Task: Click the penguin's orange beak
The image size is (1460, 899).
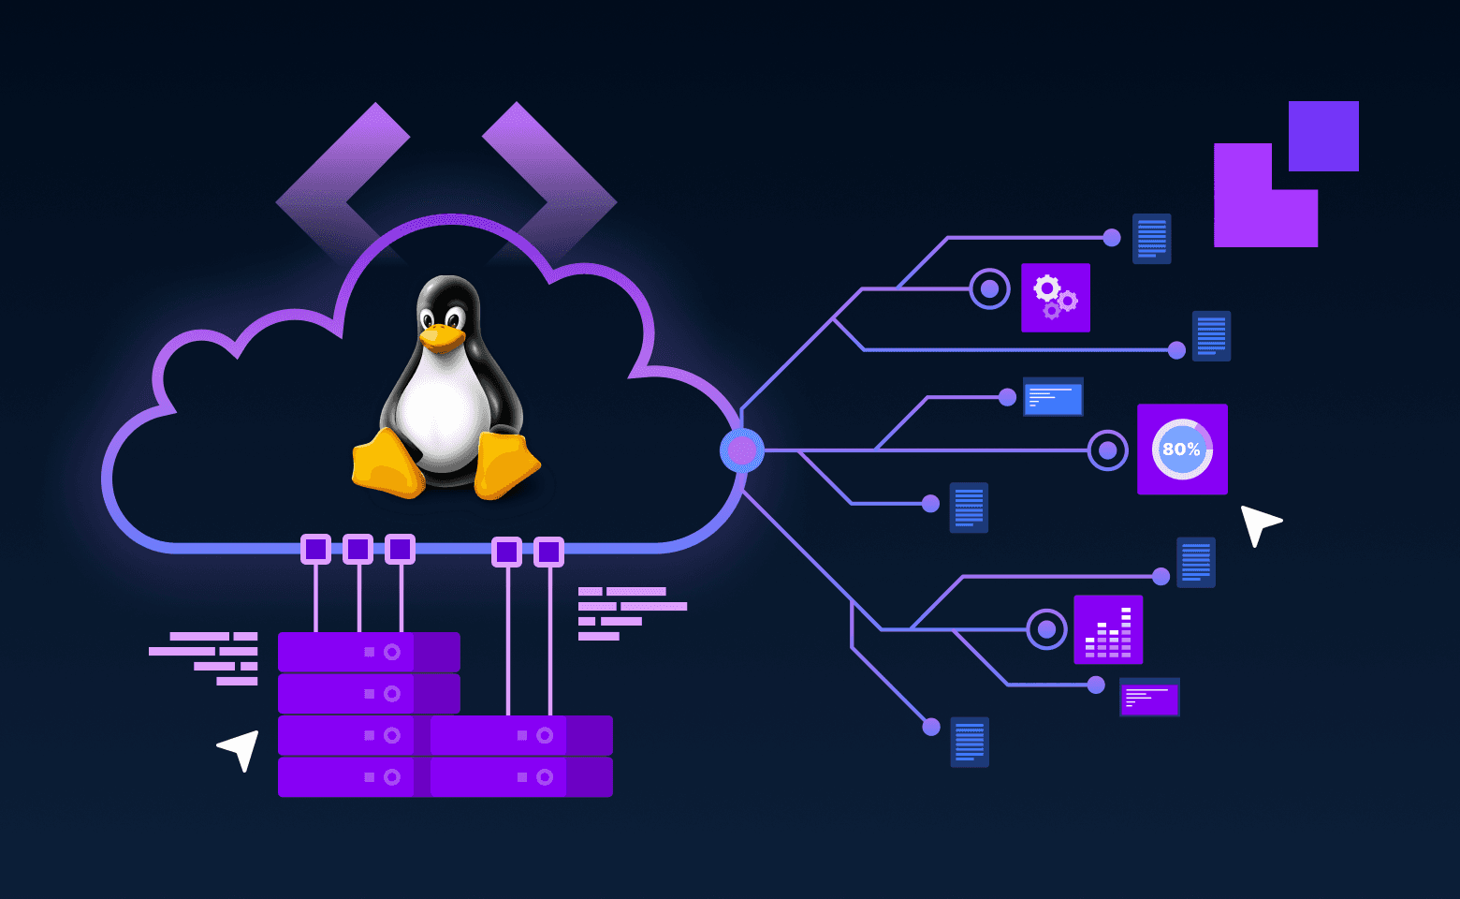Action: coord(442,336)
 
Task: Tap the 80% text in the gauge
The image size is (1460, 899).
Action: coord(1181,449)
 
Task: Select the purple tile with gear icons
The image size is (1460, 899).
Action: coord(1055,298)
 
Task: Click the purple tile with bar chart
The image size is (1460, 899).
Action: coord(1108,629)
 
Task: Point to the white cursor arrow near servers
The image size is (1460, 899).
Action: coord(241,747)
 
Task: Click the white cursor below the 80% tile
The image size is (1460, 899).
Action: coord(1258,523)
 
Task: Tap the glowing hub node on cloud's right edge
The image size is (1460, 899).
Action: coord(742,450)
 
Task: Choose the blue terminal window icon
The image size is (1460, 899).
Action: coord(1053,397)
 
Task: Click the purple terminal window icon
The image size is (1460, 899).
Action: coord(1149,697)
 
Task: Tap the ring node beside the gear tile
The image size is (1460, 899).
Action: coord(989,289)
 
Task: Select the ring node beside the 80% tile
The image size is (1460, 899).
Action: coord(1107,450)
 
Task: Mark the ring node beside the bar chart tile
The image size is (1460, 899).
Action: coord(1046,629)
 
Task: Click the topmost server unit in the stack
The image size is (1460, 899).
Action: coord(369,652)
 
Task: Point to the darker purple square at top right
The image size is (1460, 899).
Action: coord(1323,137)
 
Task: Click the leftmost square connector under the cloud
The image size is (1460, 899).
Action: coord(316,549)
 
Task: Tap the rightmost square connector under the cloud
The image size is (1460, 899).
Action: coord(548,552)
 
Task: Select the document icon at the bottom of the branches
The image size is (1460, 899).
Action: coord(970,742)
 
